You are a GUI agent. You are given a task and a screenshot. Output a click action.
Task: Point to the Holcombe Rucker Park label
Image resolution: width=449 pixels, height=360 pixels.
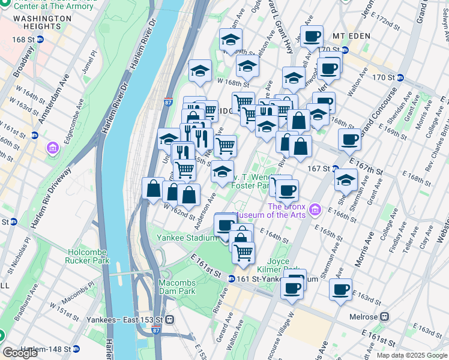tap(88, 256)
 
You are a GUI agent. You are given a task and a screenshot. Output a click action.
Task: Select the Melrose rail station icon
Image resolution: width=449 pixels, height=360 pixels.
tap(384, 316)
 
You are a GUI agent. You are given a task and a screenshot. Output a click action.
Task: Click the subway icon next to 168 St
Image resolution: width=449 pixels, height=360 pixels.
tap(40, 40)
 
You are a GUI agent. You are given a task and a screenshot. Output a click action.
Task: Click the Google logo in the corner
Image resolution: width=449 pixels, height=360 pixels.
tap(20, 353)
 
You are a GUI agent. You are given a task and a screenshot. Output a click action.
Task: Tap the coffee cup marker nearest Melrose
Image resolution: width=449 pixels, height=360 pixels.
tap(341, 290)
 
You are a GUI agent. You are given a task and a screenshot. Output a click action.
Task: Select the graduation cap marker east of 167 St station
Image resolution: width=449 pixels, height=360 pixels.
tap(346, 179)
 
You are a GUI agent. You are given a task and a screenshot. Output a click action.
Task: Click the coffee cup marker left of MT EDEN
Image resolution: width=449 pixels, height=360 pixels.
tap(312, 37)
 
